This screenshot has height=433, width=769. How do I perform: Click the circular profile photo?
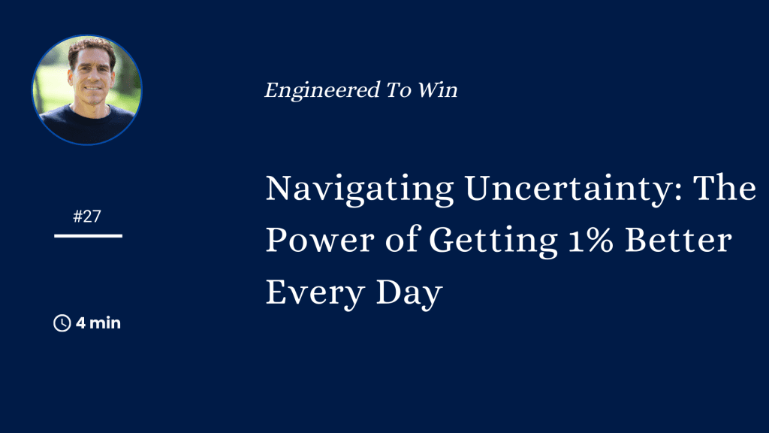pyautogui.click(x=87, y=90)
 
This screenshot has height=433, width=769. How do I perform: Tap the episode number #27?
pyautogui.click(x=87, y=216)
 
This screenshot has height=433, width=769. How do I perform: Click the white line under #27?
pyautogui.click(x=89, y=236)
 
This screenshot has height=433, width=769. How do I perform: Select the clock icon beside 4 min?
pyautogui.click(x=62, y=323)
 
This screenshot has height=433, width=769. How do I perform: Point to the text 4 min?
pyautogui.click(x=98, y=323)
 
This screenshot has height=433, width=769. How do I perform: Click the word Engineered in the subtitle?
pyautogui.click(x=322, y=91)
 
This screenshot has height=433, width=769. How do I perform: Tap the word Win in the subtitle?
pyautogui.click(x=438, y=90)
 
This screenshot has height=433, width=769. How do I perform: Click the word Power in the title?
pyautogui.click(x=320, y=240)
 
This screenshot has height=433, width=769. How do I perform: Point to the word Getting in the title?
pyautogui.click(x=493, y=241)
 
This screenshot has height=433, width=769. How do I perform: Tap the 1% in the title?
pyautogui.click(x=591, y=240)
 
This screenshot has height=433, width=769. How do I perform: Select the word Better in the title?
pyautogui.click(x=678, y=240)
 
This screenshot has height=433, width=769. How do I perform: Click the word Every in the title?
pyautogui.click(x=315, y=294)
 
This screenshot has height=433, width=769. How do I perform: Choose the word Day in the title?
pyautogui.click(x=409, y=294)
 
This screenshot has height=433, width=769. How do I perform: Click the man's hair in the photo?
pyautogui.click(x=92, y=48)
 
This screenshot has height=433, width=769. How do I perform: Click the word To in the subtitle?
pyautogui.click(x=398, y=90)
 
